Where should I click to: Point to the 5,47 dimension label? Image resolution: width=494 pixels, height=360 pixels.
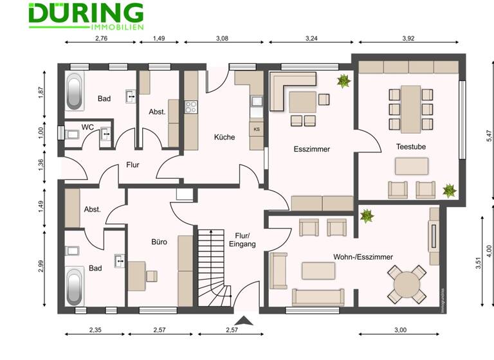click(489, 136)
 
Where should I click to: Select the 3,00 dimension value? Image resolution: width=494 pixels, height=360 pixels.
click(399, 330)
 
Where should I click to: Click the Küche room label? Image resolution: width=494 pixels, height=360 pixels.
click(224, 137)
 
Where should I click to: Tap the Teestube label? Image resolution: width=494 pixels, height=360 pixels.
click(410, 147)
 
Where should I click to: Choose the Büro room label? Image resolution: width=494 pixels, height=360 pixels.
click(159, 242)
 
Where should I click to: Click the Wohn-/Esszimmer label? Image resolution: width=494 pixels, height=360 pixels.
click(363, 256)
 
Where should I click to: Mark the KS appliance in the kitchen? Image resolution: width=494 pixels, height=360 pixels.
click(257, 129)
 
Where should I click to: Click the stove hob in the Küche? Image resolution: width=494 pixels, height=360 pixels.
click(191, 107)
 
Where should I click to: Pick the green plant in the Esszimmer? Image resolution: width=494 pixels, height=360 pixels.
click(343, 81)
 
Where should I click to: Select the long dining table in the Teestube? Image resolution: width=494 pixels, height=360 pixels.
click(410, 107)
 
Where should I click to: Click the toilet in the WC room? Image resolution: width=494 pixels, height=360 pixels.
click(71, 134)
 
